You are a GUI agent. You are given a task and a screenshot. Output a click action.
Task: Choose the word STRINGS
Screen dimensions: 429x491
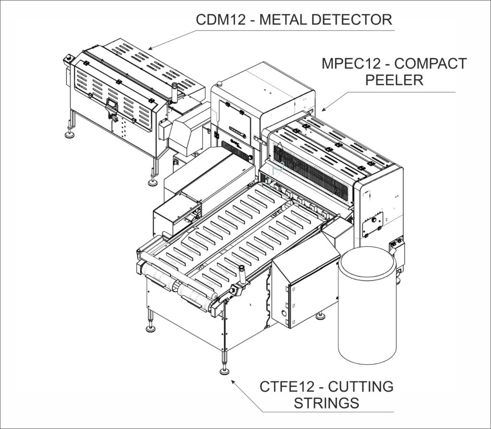click(x=327, y=403)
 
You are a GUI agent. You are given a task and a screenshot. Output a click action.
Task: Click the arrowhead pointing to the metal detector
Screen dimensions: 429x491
click(x=150, y=47)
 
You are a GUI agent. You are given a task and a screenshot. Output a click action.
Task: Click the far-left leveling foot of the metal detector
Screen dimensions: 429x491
click(x=70, y=135)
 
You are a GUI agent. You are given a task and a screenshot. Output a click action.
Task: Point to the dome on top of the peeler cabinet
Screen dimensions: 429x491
click(x=219, y=84)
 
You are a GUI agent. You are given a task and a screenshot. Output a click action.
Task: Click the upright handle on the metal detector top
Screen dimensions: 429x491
click(x=175, y=91)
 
